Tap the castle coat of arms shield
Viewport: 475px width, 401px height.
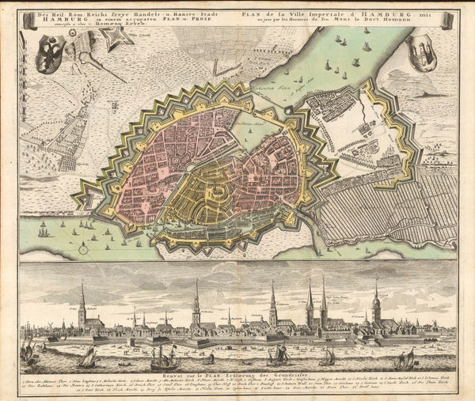click(424, 55)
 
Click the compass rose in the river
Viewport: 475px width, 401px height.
click(83, 248)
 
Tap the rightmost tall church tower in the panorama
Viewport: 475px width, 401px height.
click(376, 297)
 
